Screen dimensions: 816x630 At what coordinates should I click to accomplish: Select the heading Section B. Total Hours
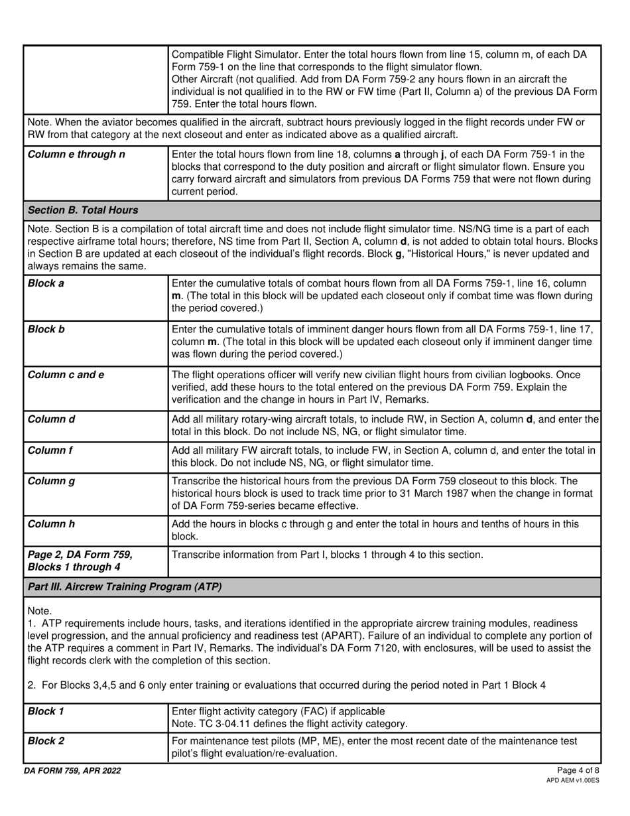(83, 210)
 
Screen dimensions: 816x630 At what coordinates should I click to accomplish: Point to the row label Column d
(50, 419)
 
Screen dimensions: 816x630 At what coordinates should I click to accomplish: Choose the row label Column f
(49, 450)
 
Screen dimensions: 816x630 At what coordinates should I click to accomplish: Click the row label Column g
(50, 481)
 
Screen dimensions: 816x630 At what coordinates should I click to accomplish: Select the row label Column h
(50, 523)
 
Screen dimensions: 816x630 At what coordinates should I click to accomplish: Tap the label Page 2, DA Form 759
(80, 555)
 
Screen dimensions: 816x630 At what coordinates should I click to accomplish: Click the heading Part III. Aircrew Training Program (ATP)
(125, 587)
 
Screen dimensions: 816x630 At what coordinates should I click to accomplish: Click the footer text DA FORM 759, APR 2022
(72, 771)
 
